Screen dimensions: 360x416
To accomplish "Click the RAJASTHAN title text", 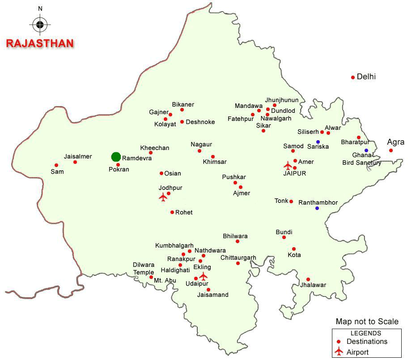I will [40, 43].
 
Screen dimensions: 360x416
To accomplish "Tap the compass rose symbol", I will [40, 24].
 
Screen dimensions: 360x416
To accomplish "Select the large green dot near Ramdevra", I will [116, 157].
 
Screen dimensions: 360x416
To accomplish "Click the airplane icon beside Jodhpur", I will [163, 197].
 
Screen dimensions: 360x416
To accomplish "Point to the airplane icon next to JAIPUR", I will [288, 166].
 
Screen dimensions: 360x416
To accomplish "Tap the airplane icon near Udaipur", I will [204, 276].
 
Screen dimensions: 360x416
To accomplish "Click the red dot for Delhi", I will [353, 77].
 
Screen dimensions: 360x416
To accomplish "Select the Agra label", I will [395, 142].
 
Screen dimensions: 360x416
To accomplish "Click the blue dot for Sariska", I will [318, 142].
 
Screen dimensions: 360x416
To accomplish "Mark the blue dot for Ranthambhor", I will [317, 208].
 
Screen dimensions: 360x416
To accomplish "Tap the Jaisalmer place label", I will [78, 156].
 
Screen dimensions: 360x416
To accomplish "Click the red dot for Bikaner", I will [182, 110].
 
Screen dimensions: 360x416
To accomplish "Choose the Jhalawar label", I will [313, 285].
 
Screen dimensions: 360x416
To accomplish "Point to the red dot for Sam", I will [56, 165].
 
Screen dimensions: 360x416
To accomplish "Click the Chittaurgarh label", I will [238, 257].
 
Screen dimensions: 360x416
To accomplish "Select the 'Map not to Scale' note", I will [367, 321].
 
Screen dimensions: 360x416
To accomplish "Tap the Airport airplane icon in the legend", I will [340, 351].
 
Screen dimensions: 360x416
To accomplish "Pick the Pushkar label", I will [234, 177].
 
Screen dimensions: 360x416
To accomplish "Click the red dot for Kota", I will [294, 249].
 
